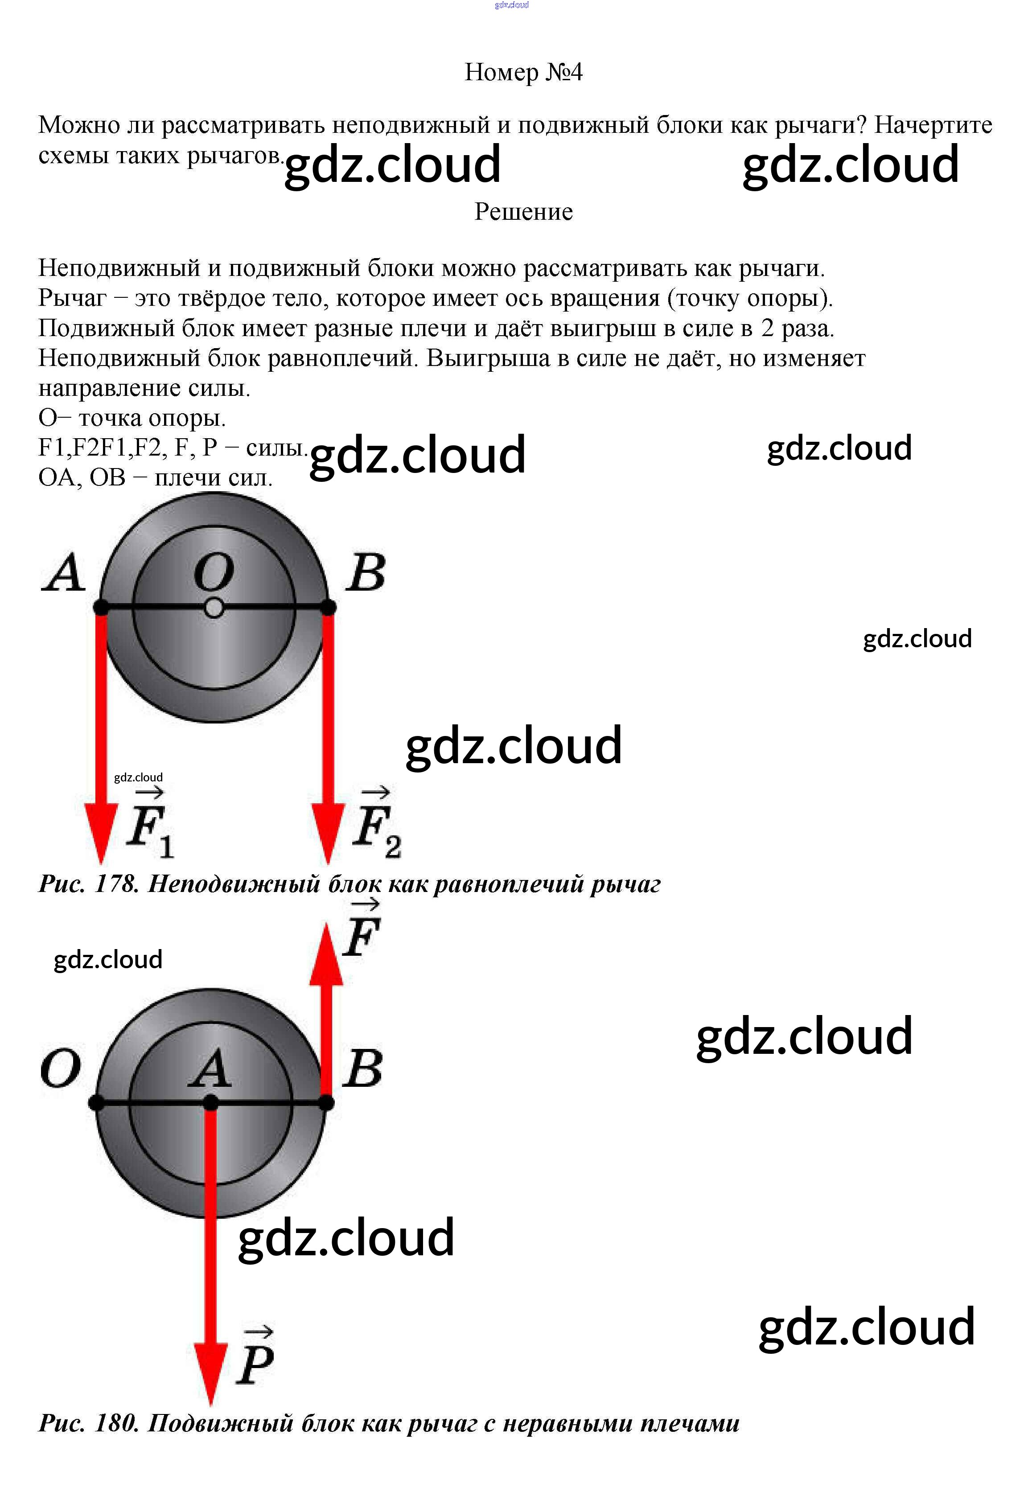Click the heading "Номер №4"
point(523,72)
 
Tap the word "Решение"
point(523,212)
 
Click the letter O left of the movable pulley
point(61,1069)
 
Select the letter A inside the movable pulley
point(210,1069)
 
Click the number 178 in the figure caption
point(116,884)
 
